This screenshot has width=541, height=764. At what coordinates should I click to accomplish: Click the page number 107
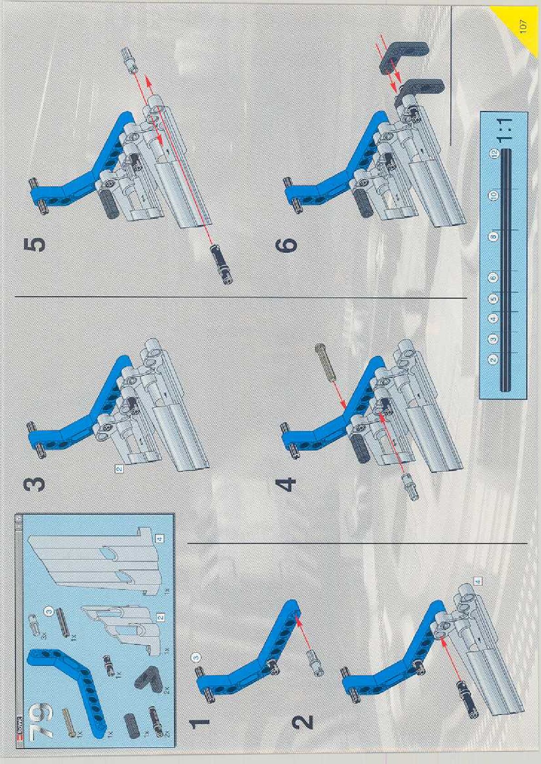coord(522,25)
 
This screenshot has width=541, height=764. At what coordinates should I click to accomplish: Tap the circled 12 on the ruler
coord(494,153)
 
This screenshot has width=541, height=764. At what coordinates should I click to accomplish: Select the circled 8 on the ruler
coord(494,236)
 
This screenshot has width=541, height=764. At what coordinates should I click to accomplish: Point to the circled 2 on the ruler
coord(494,360)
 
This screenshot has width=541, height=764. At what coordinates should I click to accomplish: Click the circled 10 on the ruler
coord(494,195)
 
